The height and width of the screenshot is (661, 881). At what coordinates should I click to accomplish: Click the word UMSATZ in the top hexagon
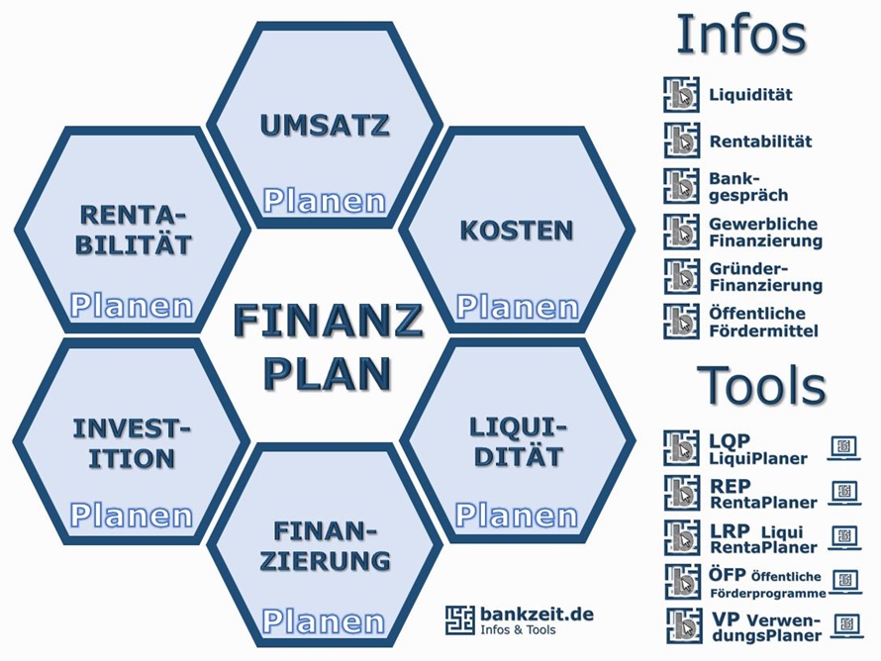point(325,125)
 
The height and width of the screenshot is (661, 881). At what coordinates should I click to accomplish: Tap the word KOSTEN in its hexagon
point(517,231)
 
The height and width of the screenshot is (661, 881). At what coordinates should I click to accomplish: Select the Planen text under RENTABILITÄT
point(132,306)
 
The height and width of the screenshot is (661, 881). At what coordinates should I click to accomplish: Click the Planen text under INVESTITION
point(132,516)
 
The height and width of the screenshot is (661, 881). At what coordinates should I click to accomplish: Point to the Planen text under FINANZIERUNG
point(324,621)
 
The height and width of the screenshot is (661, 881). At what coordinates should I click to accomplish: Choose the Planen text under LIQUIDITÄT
point(517,516)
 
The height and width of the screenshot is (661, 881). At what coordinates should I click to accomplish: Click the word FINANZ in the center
point(328,320)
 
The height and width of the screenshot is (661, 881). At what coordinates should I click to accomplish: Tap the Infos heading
point(741,35)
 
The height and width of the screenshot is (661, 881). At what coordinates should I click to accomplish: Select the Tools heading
point(761,385)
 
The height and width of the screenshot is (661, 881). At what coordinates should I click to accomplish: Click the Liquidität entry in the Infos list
point(750,94)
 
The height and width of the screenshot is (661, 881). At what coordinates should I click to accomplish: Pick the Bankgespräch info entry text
point(748,187)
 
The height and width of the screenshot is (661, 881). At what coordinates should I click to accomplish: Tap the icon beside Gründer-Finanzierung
point(682,276)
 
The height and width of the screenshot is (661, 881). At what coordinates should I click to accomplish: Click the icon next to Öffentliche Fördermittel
point(682,322)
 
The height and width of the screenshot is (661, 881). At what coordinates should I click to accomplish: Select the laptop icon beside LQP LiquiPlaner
point(844,448)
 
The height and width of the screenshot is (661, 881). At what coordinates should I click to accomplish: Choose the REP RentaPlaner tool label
point(763,494)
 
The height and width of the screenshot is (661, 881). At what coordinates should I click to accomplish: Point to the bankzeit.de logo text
point(538,614)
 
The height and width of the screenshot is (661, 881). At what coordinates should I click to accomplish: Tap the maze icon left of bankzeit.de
point(460,620)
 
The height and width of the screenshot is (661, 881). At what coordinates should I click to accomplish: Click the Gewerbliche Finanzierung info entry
point(766,232)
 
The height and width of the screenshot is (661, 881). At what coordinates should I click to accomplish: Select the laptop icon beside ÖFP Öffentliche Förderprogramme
point(846,581)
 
